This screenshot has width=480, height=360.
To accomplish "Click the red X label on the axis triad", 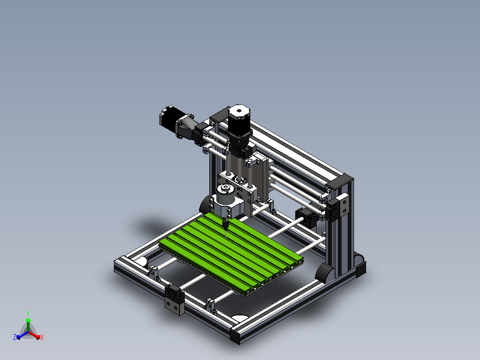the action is (x=42, y=337).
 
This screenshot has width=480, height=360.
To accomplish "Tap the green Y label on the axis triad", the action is (x=28, y=313).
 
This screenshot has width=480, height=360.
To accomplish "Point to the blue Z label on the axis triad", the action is (x=15, y=337).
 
